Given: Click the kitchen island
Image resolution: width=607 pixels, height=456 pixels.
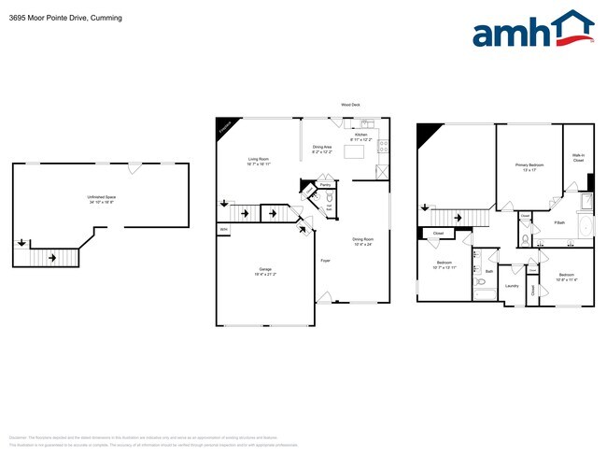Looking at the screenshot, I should pyautogui.click(x=356, y=151).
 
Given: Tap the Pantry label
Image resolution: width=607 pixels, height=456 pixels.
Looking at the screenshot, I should pyautogui.click(x=325, y=185).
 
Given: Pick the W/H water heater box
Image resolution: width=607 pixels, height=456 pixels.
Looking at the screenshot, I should pyautogui.click(x=223, y=229).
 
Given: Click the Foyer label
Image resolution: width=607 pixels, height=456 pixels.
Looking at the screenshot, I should pyautogui.click(x=325, y=260).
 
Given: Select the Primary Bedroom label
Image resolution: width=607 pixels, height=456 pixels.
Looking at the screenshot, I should pyautogui.click(x=529, y=166).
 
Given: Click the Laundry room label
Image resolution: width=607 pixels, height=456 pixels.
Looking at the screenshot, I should pyautogui.click(x=512, y=285).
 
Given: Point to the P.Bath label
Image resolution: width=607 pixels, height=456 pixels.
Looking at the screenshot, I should pyautogui.click(x=559, y=222).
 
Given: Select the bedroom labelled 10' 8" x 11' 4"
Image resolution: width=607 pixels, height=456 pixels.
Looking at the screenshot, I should pyautogui.click(x=566, y=277).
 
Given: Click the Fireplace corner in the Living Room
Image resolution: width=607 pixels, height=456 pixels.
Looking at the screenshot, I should pyautogui.click(x=223, y=128).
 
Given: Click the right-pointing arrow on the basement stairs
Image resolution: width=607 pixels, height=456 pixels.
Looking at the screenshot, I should pyautogui.click(x=52, y=257).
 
